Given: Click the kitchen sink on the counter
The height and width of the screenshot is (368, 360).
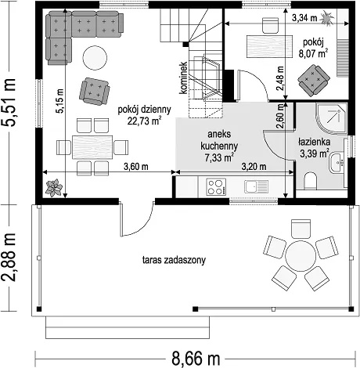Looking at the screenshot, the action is tap(257, 186).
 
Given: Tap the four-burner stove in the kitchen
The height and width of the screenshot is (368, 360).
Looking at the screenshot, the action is tap(216, 186).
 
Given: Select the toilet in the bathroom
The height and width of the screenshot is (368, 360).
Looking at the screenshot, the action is tap(310, 180).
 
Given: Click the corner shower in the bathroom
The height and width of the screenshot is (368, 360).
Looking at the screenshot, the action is tap(331, 119).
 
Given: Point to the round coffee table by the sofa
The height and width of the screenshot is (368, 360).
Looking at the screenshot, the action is tap(95, 58).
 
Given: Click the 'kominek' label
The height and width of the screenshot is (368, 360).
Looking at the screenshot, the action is tap(183, 78).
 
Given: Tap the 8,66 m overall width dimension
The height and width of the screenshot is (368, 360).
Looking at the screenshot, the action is tap(196, 359).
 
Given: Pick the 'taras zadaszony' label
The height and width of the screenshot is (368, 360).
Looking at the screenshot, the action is tap(174, 260).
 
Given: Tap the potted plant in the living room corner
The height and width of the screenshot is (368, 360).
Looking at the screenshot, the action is tap(54, 188).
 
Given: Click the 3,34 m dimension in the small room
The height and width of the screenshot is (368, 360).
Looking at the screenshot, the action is tap(304, 18).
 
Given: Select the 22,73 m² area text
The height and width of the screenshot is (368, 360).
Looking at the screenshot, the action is tap(144, 121).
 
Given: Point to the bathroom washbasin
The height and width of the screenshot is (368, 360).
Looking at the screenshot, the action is tap(337, 163).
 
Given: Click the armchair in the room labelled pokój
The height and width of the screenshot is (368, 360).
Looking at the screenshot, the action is tap(313, 80).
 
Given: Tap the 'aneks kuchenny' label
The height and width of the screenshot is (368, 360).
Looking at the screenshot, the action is tap(219, 140).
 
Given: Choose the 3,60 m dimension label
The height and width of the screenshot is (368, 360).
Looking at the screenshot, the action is tap(136, 167).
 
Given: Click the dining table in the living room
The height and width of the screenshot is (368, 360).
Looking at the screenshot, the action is tap(92, 147).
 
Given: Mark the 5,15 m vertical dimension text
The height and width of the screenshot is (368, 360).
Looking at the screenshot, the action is tap(59, 101).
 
